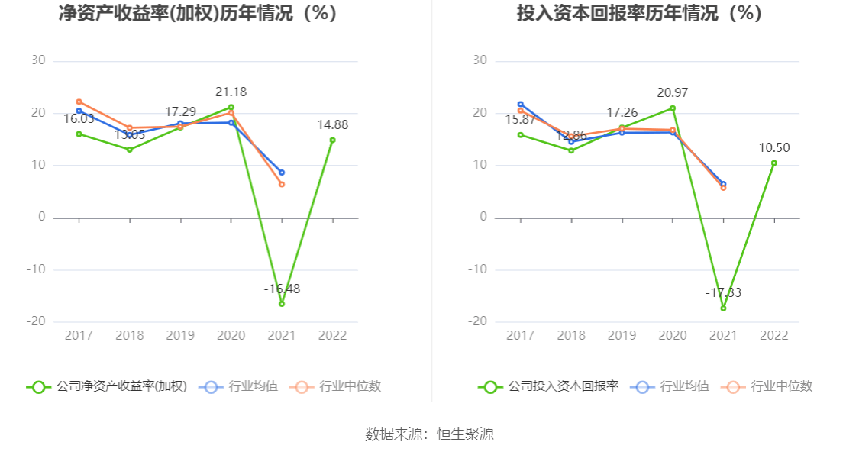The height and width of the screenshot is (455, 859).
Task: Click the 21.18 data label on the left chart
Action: pyautogui.click(x=231, y=92)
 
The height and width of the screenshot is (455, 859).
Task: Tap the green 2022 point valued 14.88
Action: pyautogui.click(x=332, y=140)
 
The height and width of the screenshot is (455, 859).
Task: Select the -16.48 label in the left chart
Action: pyautogui.click(x=282, y=289)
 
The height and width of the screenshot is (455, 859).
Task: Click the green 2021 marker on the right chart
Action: pyautogui.click(x=723, y=308)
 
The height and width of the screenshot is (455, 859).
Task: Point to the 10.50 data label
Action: pyautogui.click(x=774, y=148)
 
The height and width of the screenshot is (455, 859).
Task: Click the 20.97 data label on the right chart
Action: pyautogui.click(x=672, y=93)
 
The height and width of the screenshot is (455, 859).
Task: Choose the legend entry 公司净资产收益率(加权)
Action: pyautogui.click(x=107, y=386)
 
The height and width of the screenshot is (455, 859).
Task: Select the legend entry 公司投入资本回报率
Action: pyautogui.click(x=550, y=386)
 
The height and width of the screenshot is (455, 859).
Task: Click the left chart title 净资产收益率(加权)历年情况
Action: pyautogui.click(x=198, y=14)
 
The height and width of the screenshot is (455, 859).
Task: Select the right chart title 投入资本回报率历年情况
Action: pyautogui.click(x=639, y=14)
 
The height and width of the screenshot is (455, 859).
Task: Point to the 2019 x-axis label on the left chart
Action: pyautogui.click(x=180, y=336)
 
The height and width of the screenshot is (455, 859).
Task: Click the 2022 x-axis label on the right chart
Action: pyautogui.click(x=774, y=336)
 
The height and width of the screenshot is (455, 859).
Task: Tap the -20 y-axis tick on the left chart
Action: pyautogui.click(x=36, y=321)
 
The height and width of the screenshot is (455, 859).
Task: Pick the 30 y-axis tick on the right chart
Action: pyautogui.click(x=480, y=61)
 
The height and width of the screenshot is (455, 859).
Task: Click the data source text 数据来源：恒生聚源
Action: pyautogui.click(x=429, y=434)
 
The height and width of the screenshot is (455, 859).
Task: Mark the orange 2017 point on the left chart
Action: pyautogui.click(x=79, y=102)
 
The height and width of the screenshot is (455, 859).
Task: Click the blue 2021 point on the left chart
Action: pyautogui.click(x=282, y=173)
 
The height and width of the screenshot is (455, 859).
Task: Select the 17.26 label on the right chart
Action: pyautogui.click(x=622, y=113)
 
